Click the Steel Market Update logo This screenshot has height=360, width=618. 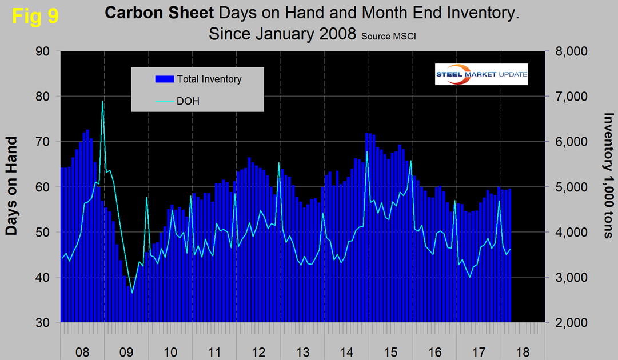click(481, 74)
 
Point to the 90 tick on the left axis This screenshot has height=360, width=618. click(43, 51)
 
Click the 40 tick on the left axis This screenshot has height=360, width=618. click(43, 278)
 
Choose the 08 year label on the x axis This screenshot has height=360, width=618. click(82, 350)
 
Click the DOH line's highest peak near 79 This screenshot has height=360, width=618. click(102, 101)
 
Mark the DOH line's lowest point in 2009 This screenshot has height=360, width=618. click(132, 293)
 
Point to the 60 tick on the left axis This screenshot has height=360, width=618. click(43, 187)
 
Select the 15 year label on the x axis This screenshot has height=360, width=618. click(390, 350)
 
